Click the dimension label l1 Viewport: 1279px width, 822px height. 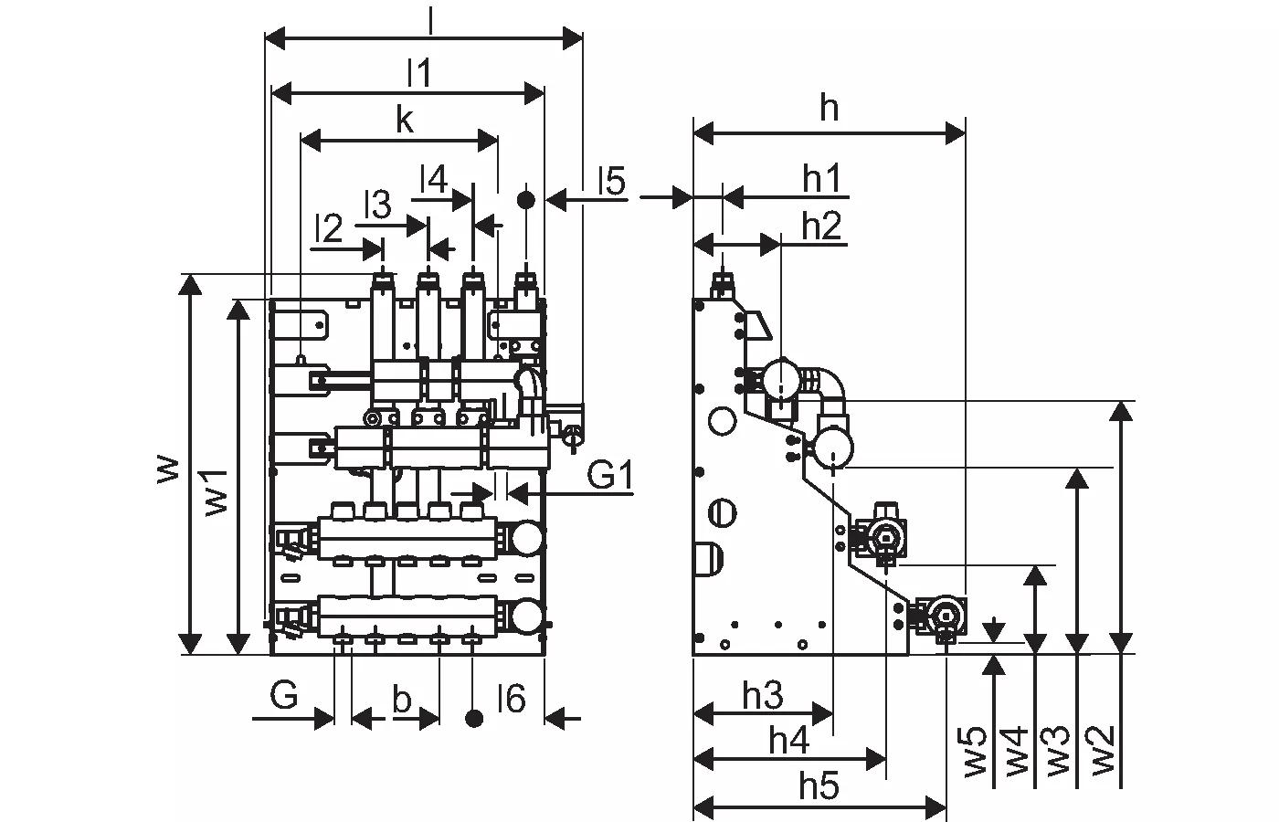pyautogui.click(x=418, y=72)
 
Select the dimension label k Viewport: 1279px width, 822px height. pyautogui.click(x=404, y=121)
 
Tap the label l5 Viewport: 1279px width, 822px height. pyautogui.click(x=611, y=181)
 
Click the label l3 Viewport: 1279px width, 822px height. pyautogui.click(x=378, y=205)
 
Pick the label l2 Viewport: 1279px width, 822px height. pyautogui.click(x=329, y=228)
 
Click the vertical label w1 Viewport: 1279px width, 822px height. pyautogui.click(x=217, y=493)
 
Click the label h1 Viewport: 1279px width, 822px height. pyautogui.click(x=821, y=179)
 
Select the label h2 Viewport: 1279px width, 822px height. pyautogui.click(x=821, y=227)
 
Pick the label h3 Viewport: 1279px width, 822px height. pyautogui.click(x=763, y=695)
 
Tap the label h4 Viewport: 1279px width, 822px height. pyautogui.click(x=789, y=741)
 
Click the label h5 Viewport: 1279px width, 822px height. pyautogui.click(x=819, y=785)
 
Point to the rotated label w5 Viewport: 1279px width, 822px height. pyautogui.click(x=975, y=751)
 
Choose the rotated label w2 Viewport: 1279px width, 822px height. pyautogui.click(x=1103, y=750)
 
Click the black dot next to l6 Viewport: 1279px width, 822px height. pyautogui.click(x=474, y=719)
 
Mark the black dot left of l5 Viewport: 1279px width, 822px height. pyautogui.click(x=526, y=200)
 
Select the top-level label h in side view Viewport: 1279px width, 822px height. pyautogui.click(x=829, y=109)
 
